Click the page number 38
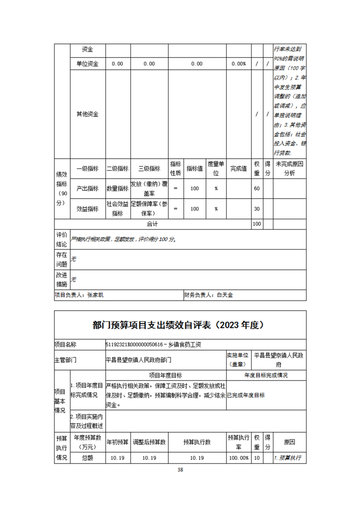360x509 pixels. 180,469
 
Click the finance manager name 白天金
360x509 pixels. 225,295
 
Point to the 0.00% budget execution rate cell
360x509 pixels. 238,64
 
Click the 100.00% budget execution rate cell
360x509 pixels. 238,458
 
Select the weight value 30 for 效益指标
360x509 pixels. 257,209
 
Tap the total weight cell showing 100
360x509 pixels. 257,224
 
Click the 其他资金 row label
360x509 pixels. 88,114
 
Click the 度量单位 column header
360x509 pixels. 217,168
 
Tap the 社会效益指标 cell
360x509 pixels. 117,209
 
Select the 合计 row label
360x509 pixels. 152,224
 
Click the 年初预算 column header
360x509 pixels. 117,441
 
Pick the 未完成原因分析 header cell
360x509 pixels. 289,168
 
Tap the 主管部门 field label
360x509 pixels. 65,360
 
